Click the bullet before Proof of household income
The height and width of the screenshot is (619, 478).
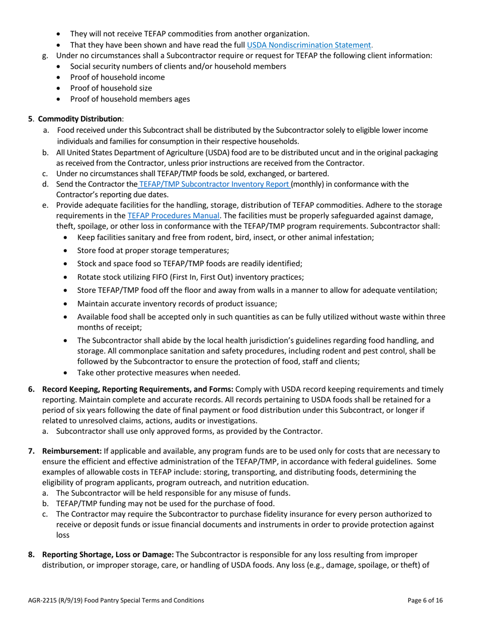[60, 78]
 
